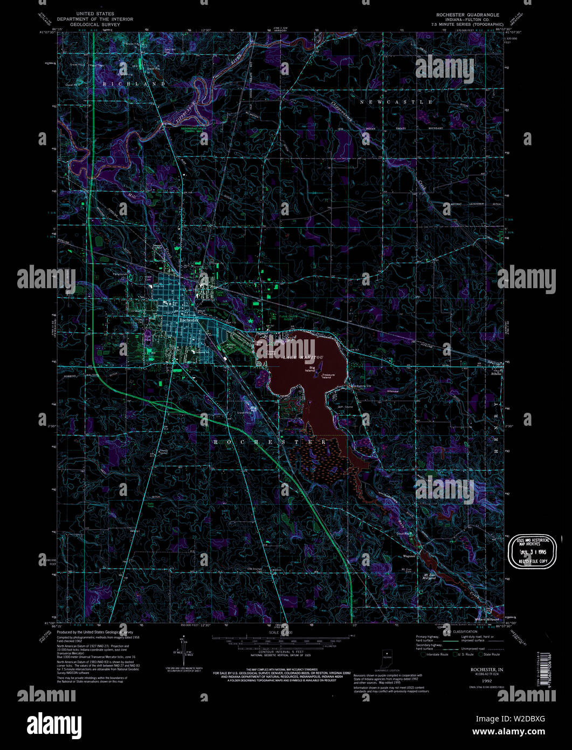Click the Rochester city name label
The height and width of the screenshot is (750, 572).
[190, 320]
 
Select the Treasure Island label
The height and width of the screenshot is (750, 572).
[328, 376]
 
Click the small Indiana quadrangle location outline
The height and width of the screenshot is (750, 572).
[387, 659]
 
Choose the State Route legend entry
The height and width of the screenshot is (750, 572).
[491, 654]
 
